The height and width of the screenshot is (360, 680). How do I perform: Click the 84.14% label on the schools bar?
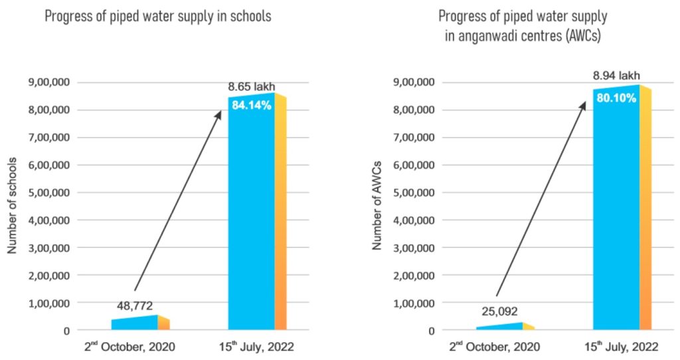(251, 104)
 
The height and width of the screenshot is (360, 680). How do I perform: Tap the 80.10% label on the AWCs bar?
(616, 98)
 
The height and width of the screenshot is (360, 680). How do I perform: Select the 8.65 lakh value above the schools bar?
(250, 86)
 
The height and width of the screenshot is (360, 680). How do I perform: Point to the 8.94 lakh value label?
(616, 75)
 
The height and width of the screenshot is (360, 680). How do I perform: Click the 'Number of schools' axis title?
(12, 206)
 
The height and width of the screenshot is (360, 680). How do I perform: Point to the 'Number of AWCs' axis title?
(377, 206)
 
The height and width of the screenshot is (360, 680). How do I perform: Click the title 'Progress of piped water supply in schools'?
(158, 16)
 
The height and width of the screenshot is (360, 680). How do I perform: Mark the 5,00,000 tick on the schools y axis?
(48, 193)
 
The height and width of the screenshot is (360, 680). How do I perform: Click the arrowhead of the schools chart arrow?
(219, 114)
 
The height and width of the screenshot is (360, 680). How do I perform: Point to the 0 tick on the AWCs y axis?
(431, 330)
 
